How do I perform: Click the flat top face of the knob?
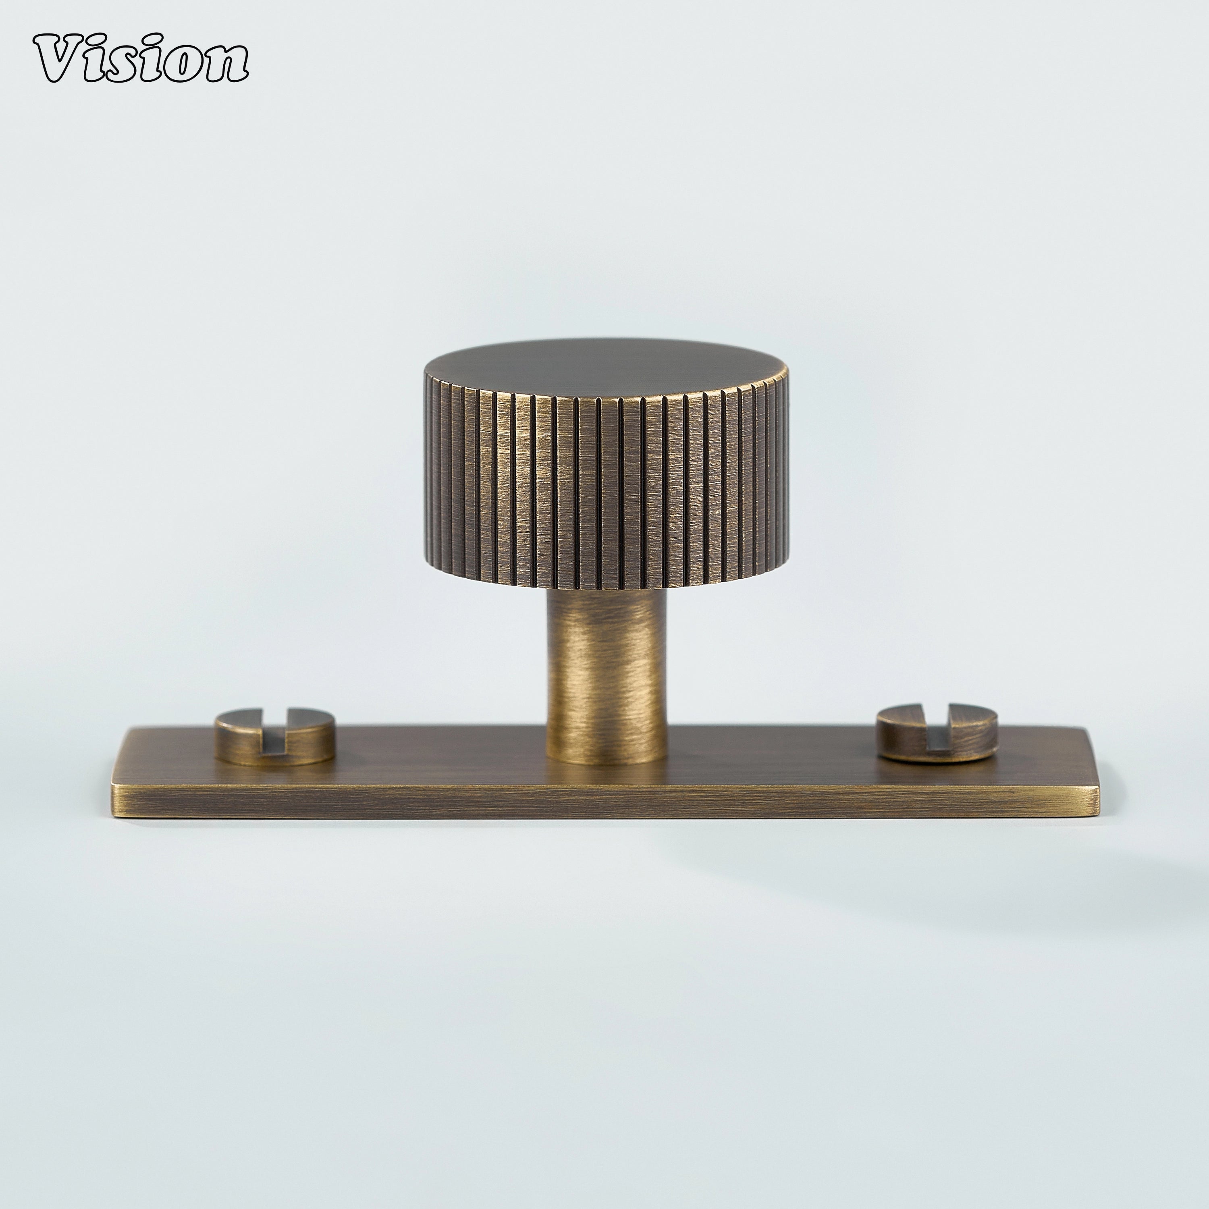(605, 366)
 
